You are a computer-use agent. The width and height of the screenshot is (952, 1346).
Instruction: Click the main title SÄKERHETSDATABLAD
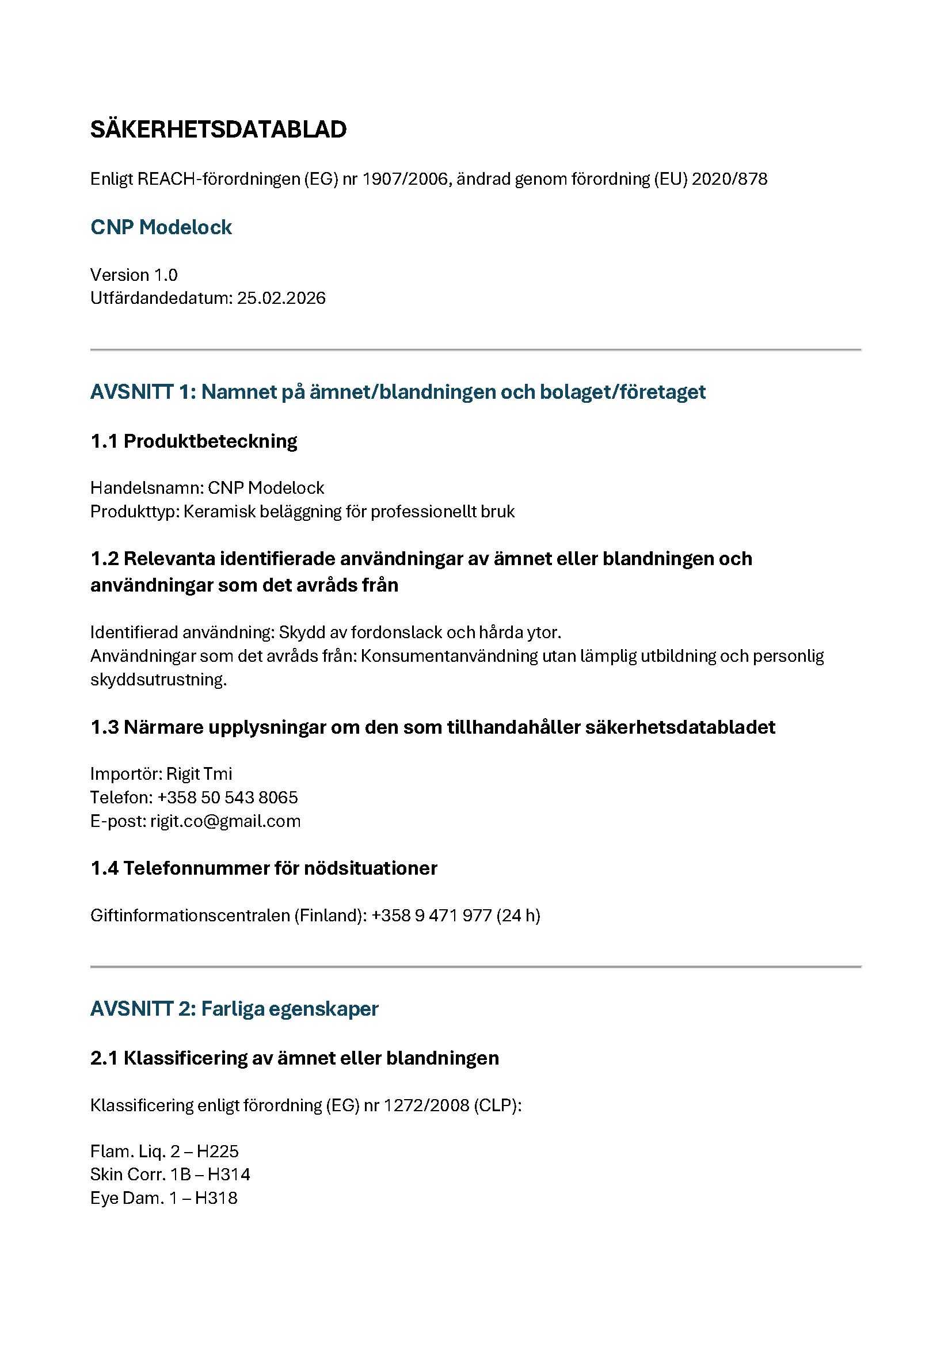click(218, 129)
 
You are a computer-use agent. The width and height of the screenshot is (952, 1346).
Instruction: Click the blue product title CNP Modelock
click(161, 227)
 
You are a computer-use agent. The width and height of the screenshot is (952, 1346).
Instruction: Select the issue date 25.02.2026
click(281, 299)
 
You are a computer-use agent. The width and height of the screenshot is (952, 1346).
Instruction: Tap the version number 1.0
click(166, 275)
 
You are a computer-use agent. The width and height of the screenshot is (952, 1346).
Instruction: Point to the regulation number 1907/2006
click(405, 179)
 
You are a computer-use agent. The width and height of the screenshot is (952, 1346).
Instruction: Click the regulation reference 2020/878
click(729, 179)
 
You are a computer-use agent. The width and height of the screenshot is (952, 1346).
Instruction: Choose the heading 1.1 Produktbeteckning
click(194, 441)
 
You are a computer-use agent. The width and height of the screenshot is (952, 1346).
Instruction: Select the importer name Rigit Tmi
click(199, 774)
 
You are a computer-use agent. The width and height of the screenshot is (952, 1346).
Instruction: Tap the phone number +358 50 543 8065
click(227, 798)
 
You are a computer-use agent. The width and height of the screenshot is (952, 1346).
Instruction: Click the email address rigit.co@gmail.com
click(225, 821)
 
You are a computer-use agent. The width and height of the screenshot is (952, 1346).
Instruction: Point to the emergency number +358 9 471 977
click(432, 916)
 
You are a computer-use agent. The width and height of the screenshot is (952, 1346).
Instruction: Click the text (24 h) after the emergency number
click(518, 916)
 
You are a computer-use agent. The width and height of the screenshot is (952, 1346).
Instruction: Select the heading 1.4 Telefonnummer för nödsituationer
click(264, 868)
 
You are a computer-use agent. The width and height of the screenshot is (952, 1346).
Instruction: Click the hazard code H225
click(218, 1151)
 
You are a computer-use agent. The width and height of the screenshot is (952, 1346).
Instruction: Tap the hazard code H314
click(229, 1175)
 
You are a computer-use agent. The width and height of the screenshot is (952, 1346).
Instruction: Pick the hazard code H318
click(216, 1198)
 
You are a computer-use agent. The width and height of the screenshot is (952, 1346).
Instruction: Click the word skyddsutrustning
click(158, 680)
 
